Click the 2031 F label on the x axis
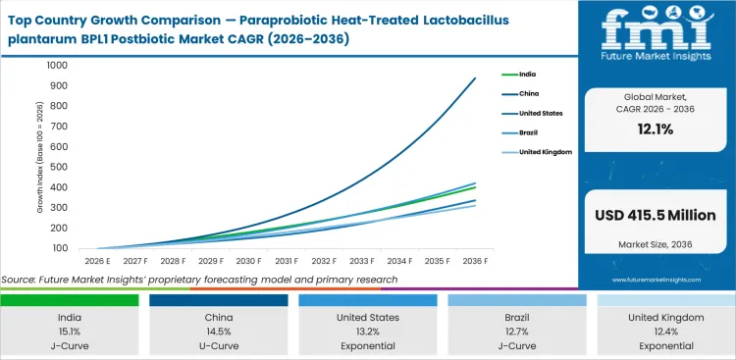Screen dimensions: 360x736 tap(287, 261)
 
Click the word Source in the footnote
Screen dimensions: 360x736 tap(22, 280)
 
